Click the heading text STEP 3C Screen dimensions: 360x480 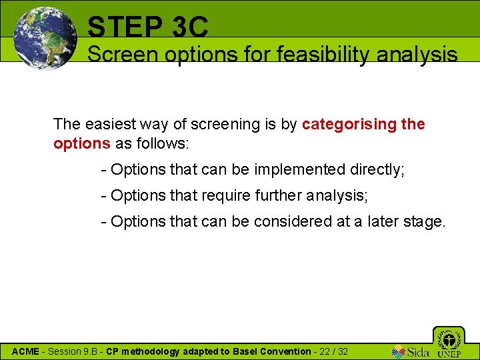tap(147, 27)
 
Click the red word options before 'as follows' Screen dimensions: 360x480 tap(82, 144)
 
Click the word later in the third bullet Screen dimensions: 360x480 tap(385, 221)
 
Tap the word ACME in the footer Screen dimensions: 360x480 tap(25, 351)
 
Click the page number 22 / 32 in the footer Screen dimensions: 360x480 tap(333, 351)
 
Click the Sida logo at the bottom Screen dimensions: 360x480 tap(411, 351)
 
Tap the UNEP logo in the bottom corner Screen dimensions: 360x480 tap(449, 343)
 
